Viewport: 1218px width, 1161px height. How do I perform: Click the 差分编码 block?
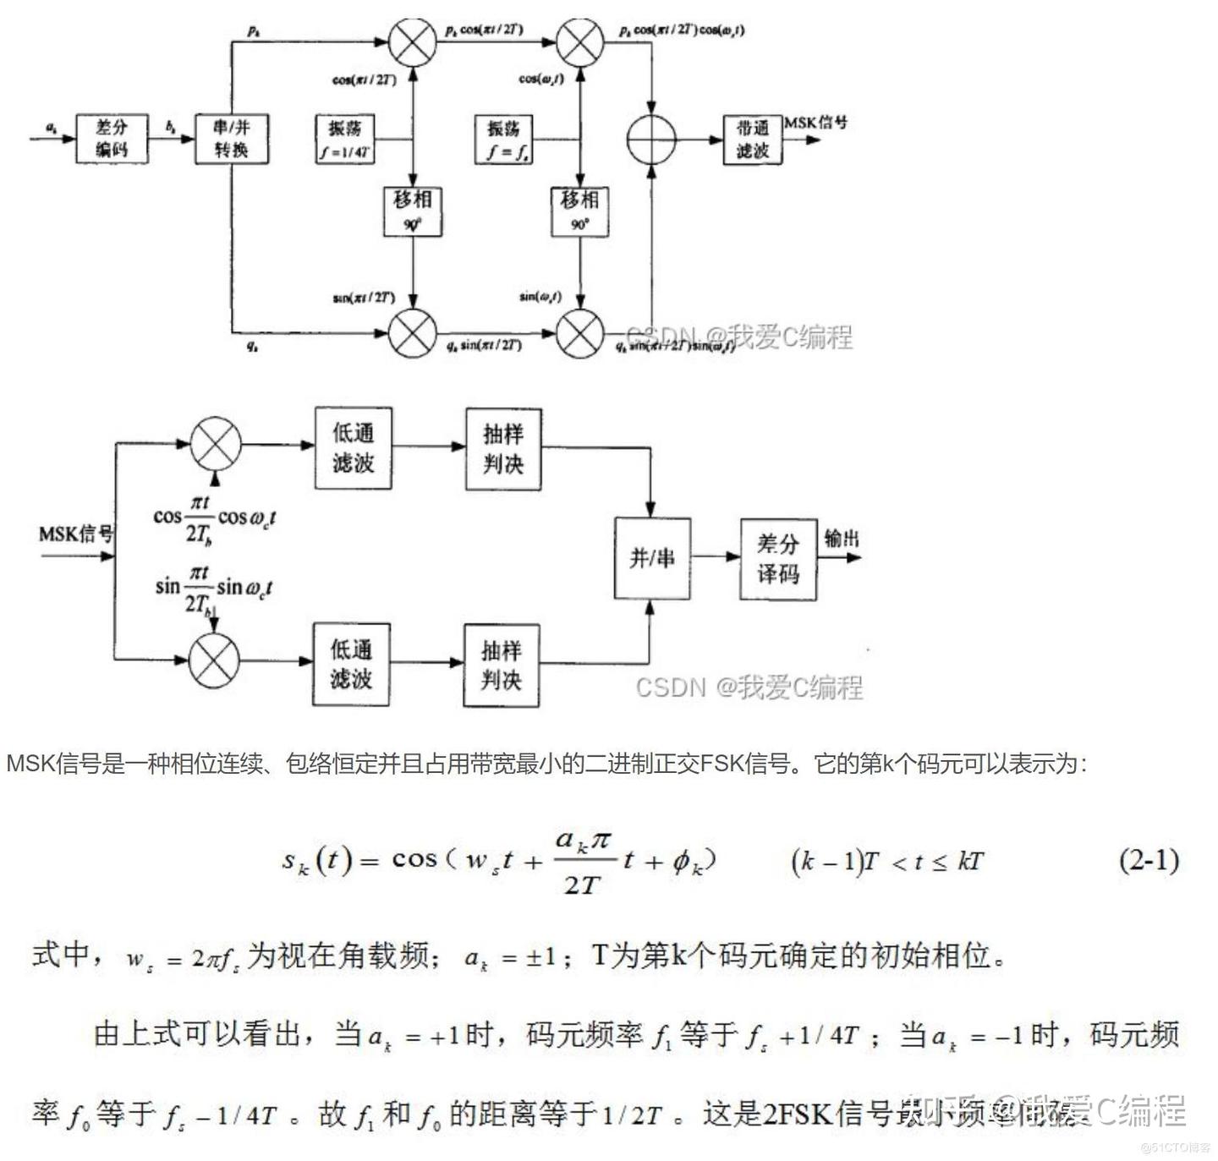(x=111, y=139)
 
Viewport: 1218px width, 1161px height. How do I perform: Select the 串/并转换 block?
(x=231, y=139)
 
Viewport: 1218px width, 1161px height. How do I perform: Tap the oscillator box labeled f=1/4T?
(x=345, y=140)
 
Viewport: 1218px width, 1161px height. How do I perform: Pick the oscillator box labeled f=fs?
(x=503, y=140)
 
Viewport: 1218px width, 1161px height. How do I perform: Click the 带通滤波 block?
(x=752, y=140)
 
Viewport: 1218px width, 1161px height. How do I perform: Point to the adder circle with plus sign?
(x=652, y=138)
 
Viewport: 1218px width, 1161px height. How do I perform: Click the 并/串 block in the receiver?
(x=651, y=557)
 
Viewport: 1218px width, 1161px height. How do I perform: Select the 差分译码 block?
(x=777, y=559)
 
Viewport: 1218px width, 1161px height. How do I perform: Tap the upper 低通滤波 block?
(x=353, y=447)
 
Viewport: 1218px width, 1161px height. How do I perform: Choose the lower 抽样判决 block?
(x=501, y=665)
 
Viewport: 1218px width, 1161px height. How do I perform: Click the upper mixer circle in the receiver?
(x=216, y=444)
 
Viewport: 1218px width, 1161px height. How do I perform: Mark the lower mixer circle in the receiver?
(x=214, y=660)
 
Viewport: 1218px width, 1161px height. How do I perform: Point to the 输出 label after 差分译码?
(x=841, y=539)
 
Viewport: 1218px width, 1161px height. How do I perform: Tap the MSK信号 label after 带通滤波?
(x=815, y=123)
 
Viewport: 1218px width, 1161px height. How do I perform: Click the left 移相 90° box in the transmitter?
(x=412, y=211)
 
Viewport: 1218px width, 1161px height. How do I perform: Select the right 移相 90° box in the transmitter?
(x=579, y=211)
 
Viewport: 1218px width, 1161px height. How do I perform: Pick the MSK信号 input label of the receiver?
(x=76, y=534)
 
